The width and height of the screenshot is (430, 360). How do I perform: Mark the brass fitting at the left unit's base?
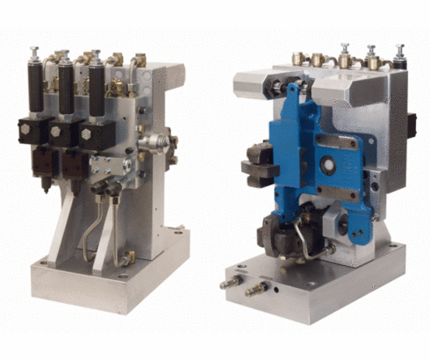coord(128,256)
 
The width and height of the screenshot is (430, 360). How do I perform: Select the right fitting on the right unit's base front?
coord(256,289)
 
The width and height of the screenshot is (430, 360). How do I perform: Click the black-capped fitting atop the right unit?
coord(400,54)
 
